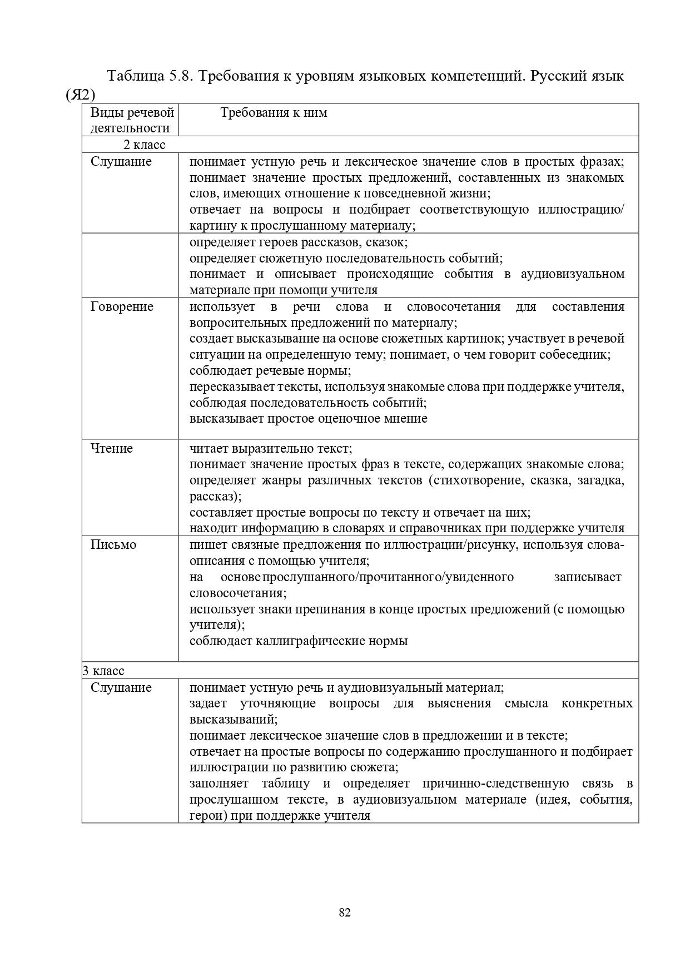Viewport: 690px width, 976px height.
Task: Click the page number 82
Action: tap(344, 912)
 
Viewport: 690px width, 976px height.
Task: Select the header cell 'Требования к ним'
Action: tap(274, 113)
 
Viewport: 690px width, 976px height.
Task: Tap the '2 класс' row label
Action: tap(144, 145)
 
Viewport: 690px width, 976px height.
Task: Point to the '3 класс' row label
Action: tap(104, 671)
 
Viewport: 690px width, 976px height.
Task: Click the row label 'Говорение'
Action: tap(122, 307)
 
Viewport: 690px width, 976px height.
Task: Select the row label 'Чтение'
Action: tap(112, 449)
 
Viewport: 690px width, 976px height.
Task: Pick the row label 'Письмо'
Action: tap(113, 545)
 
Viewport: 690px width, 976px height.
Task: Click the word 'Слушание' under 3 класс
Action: tap(121, 688)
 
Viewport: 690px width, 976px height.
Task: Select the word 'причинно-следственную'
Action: tap(495, 784)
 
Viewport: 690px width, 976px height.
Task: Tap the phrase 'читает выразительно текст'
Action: tap(270, 449)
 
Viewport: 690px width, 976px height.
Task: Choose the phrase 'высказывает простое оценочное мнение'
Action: tap(308, 419)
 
